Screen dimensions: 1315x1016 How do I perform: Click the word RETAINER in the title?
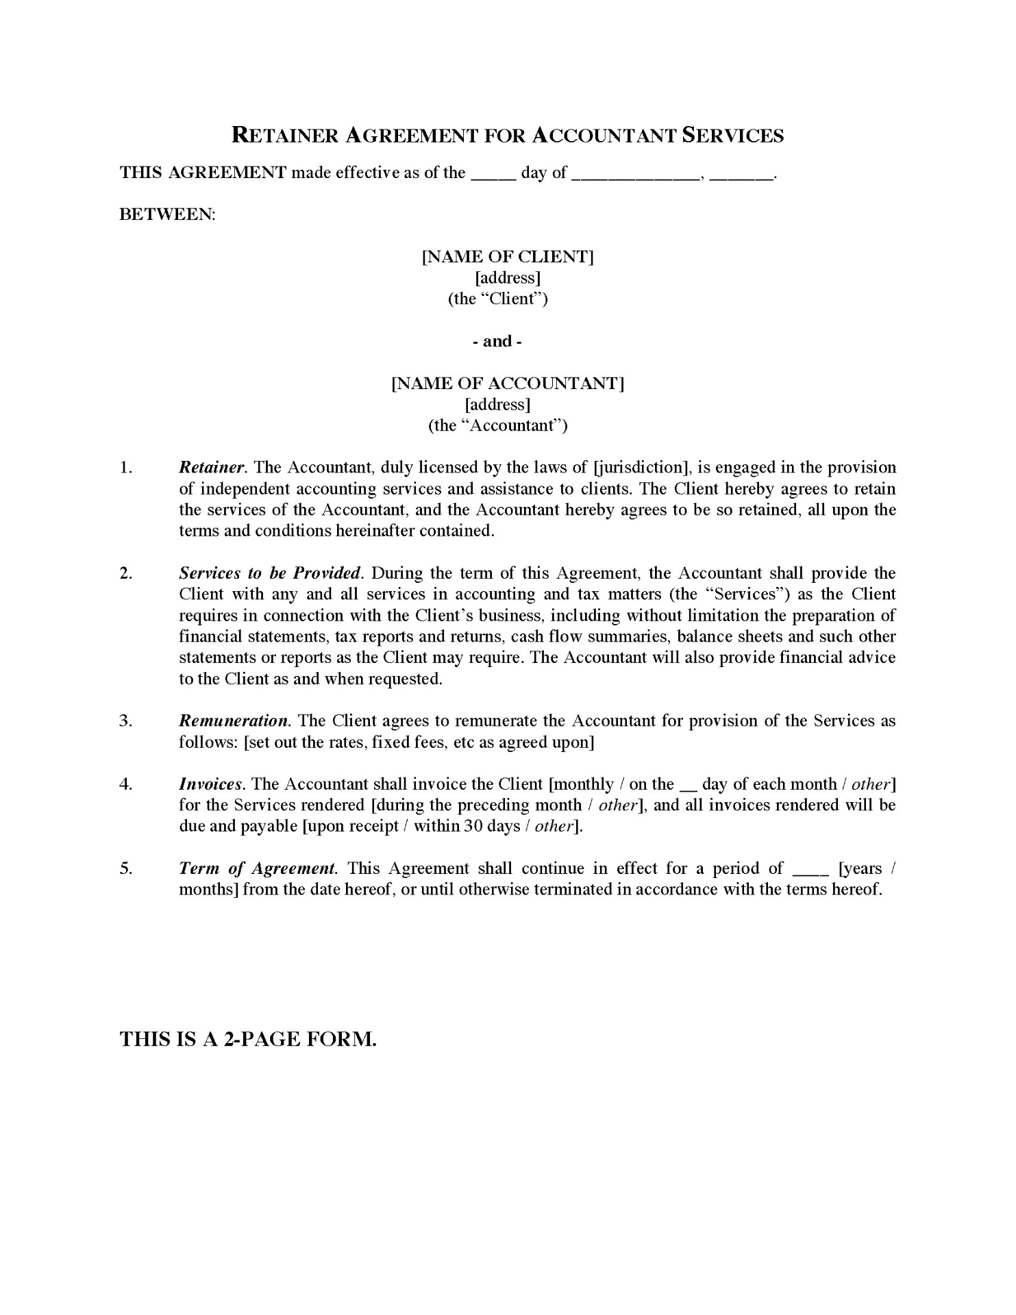(x=286, y=135)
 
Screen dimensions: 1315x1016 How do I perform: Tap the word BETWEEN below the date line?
(x=167, y=214)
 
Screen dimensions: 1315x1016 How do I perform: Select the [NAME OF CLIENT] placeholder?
(x=508, y=257)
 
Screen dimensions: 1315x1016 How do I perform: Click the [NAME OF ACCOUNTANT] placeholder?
(x=508, y=383)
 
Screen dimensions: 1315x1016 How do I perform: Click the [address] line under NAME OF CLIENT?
(x=508, y=277)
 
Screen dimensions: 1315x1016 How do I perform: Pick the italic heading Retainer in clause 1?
(x=212, y=468)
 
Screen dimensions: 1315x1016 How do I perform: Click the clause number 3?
(x=125, y=721)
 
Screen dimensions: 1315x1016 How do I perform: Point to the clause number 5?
(x=125, y=868)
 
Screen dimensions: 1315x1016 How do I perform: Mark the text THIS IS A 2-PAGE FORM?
(x=248, y=1039)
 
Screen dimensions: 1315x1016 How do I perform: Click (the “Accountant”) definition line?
(x=498, y=425)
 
